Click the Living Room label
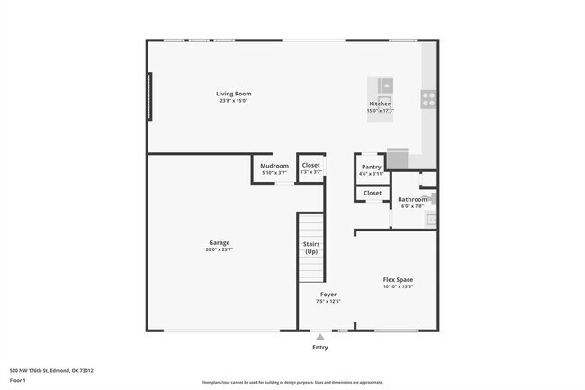[x=233, y=94]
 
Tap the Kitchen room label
[x=381, y=104]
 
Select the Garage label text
[x=220, y=242]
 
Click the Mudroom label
[x=274, y=166]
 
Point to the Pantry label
[x=371, y=167]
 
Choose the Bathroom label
[x=413, y=199]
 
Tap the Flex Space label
[x=398, y=280]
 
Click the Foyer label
[x=328, y=295]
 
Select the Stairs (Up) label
[x=310, y=248]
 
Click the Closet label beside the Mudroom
[x=311, y=166]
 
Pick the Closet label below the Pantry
[x=373, y=193]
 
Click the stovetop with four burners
[x=428, y=99]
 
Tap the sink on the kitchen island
[x=385, y=86]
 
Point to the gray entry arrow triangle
[x=319, y=337]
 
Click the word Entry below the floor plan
[x=319, y=348]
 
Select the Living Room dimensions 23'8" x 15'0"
[x=233, y=101]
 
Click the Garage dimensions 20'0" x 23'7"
[x=220, y=249]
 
